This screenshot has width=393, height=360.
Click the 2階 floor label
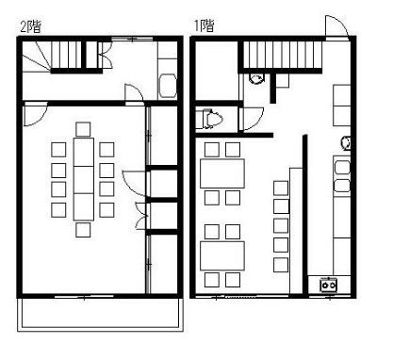pyautogui.click(x=30, y=26)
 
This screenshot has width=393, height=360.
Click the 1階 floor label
pyautogui.click(x=204, y=25)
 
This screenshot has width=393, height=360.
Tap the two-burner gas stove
pyautogui.click(x=329, y=285)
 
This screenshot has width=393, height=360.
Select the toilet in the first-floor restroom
pyautogui.click(x=213, y=119)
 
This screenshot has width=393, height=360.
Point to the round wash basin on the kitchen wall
pyautogui.click(x=346, y=143)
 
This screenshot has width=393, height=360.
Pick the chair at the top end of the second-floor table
pyautogui.click(x=83, y=129)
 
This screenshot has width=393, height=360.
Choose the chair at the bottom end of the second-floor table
pyautogui.click(x=83, y=230)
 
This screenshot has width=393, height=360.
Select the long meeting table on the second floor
pyautogui.click(x=84, y=179)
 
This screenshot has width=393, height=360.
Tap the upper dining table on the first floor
pyautogui.click(x=222, y=173)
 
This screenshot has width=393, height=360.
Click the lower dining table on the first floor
pyautogui.click(x=222, y=256)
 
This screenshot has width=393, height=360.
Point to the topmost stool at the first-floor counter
pyautogui.click(x=281, y=188)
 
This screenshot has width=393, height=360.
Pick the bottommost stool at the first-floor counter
pyautogui.click(x=281, y=265)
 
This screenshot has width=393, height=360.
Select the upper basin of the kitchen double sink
pyautogui.click(x=342, y=167)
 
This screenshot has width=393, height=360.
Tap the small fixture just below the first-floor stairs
pyautogui.click(x=256, y=78)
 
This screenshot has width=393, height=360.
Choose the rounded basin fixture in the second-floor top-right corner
pyautogui.click(x=168, y=86)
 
